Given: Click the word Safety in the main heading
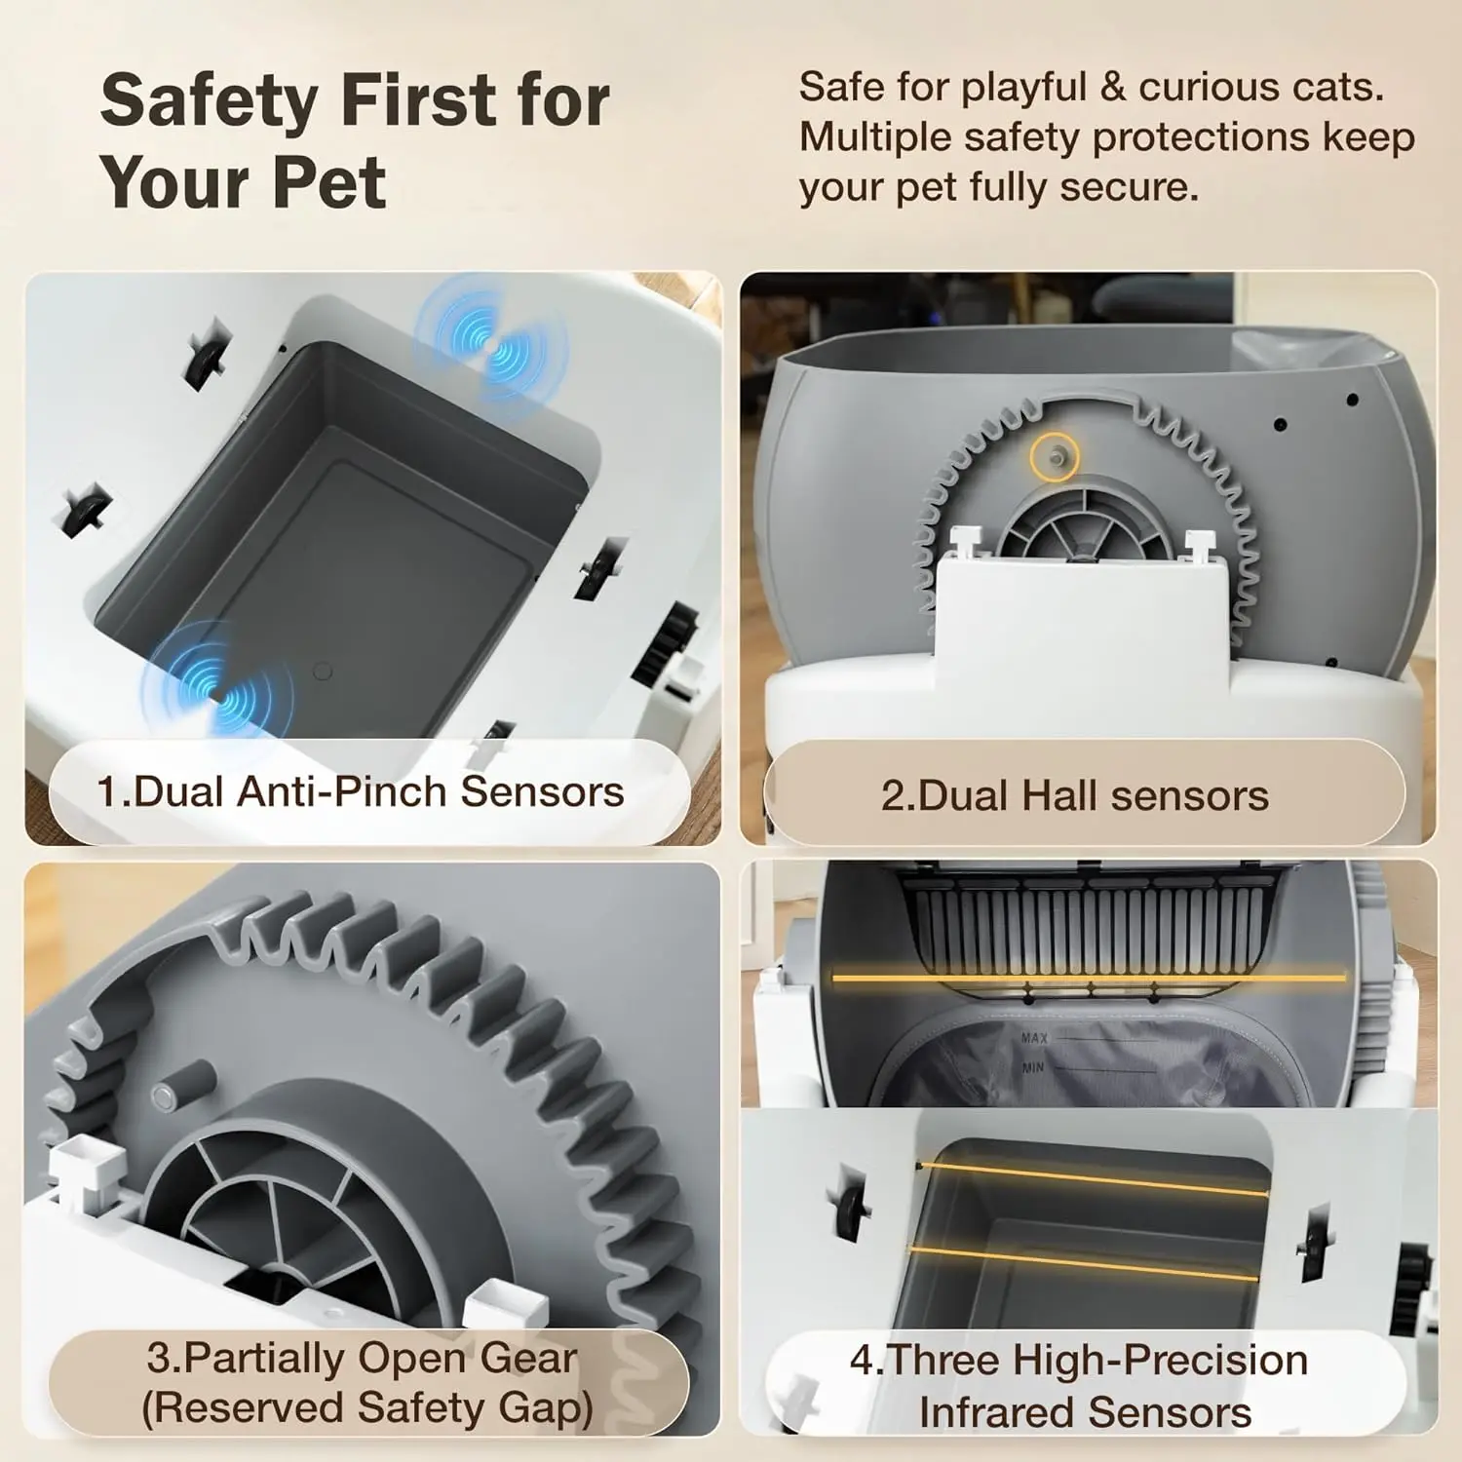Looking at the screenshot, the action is click(x=210, y=100).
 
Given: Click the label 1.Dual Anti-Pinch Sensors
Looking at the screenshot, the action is click(x=360, y=791).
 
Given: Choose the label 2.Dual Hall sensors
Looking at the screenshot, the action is click(x=1074, y=796).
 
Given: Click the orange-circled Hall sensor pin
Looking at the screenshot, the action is click(x=1055, y=455).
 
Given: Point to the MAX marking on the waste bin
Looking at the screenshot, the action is click(x=1034, y=1038).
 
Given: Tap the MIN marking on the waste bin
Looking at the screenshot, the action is click(x=1033, y=1067).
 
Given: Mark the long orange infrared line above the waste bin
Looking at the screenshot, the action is click(x=1088, y=977).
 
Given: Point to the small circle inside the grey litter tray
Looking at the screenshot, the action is click(x=323, y=672).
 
